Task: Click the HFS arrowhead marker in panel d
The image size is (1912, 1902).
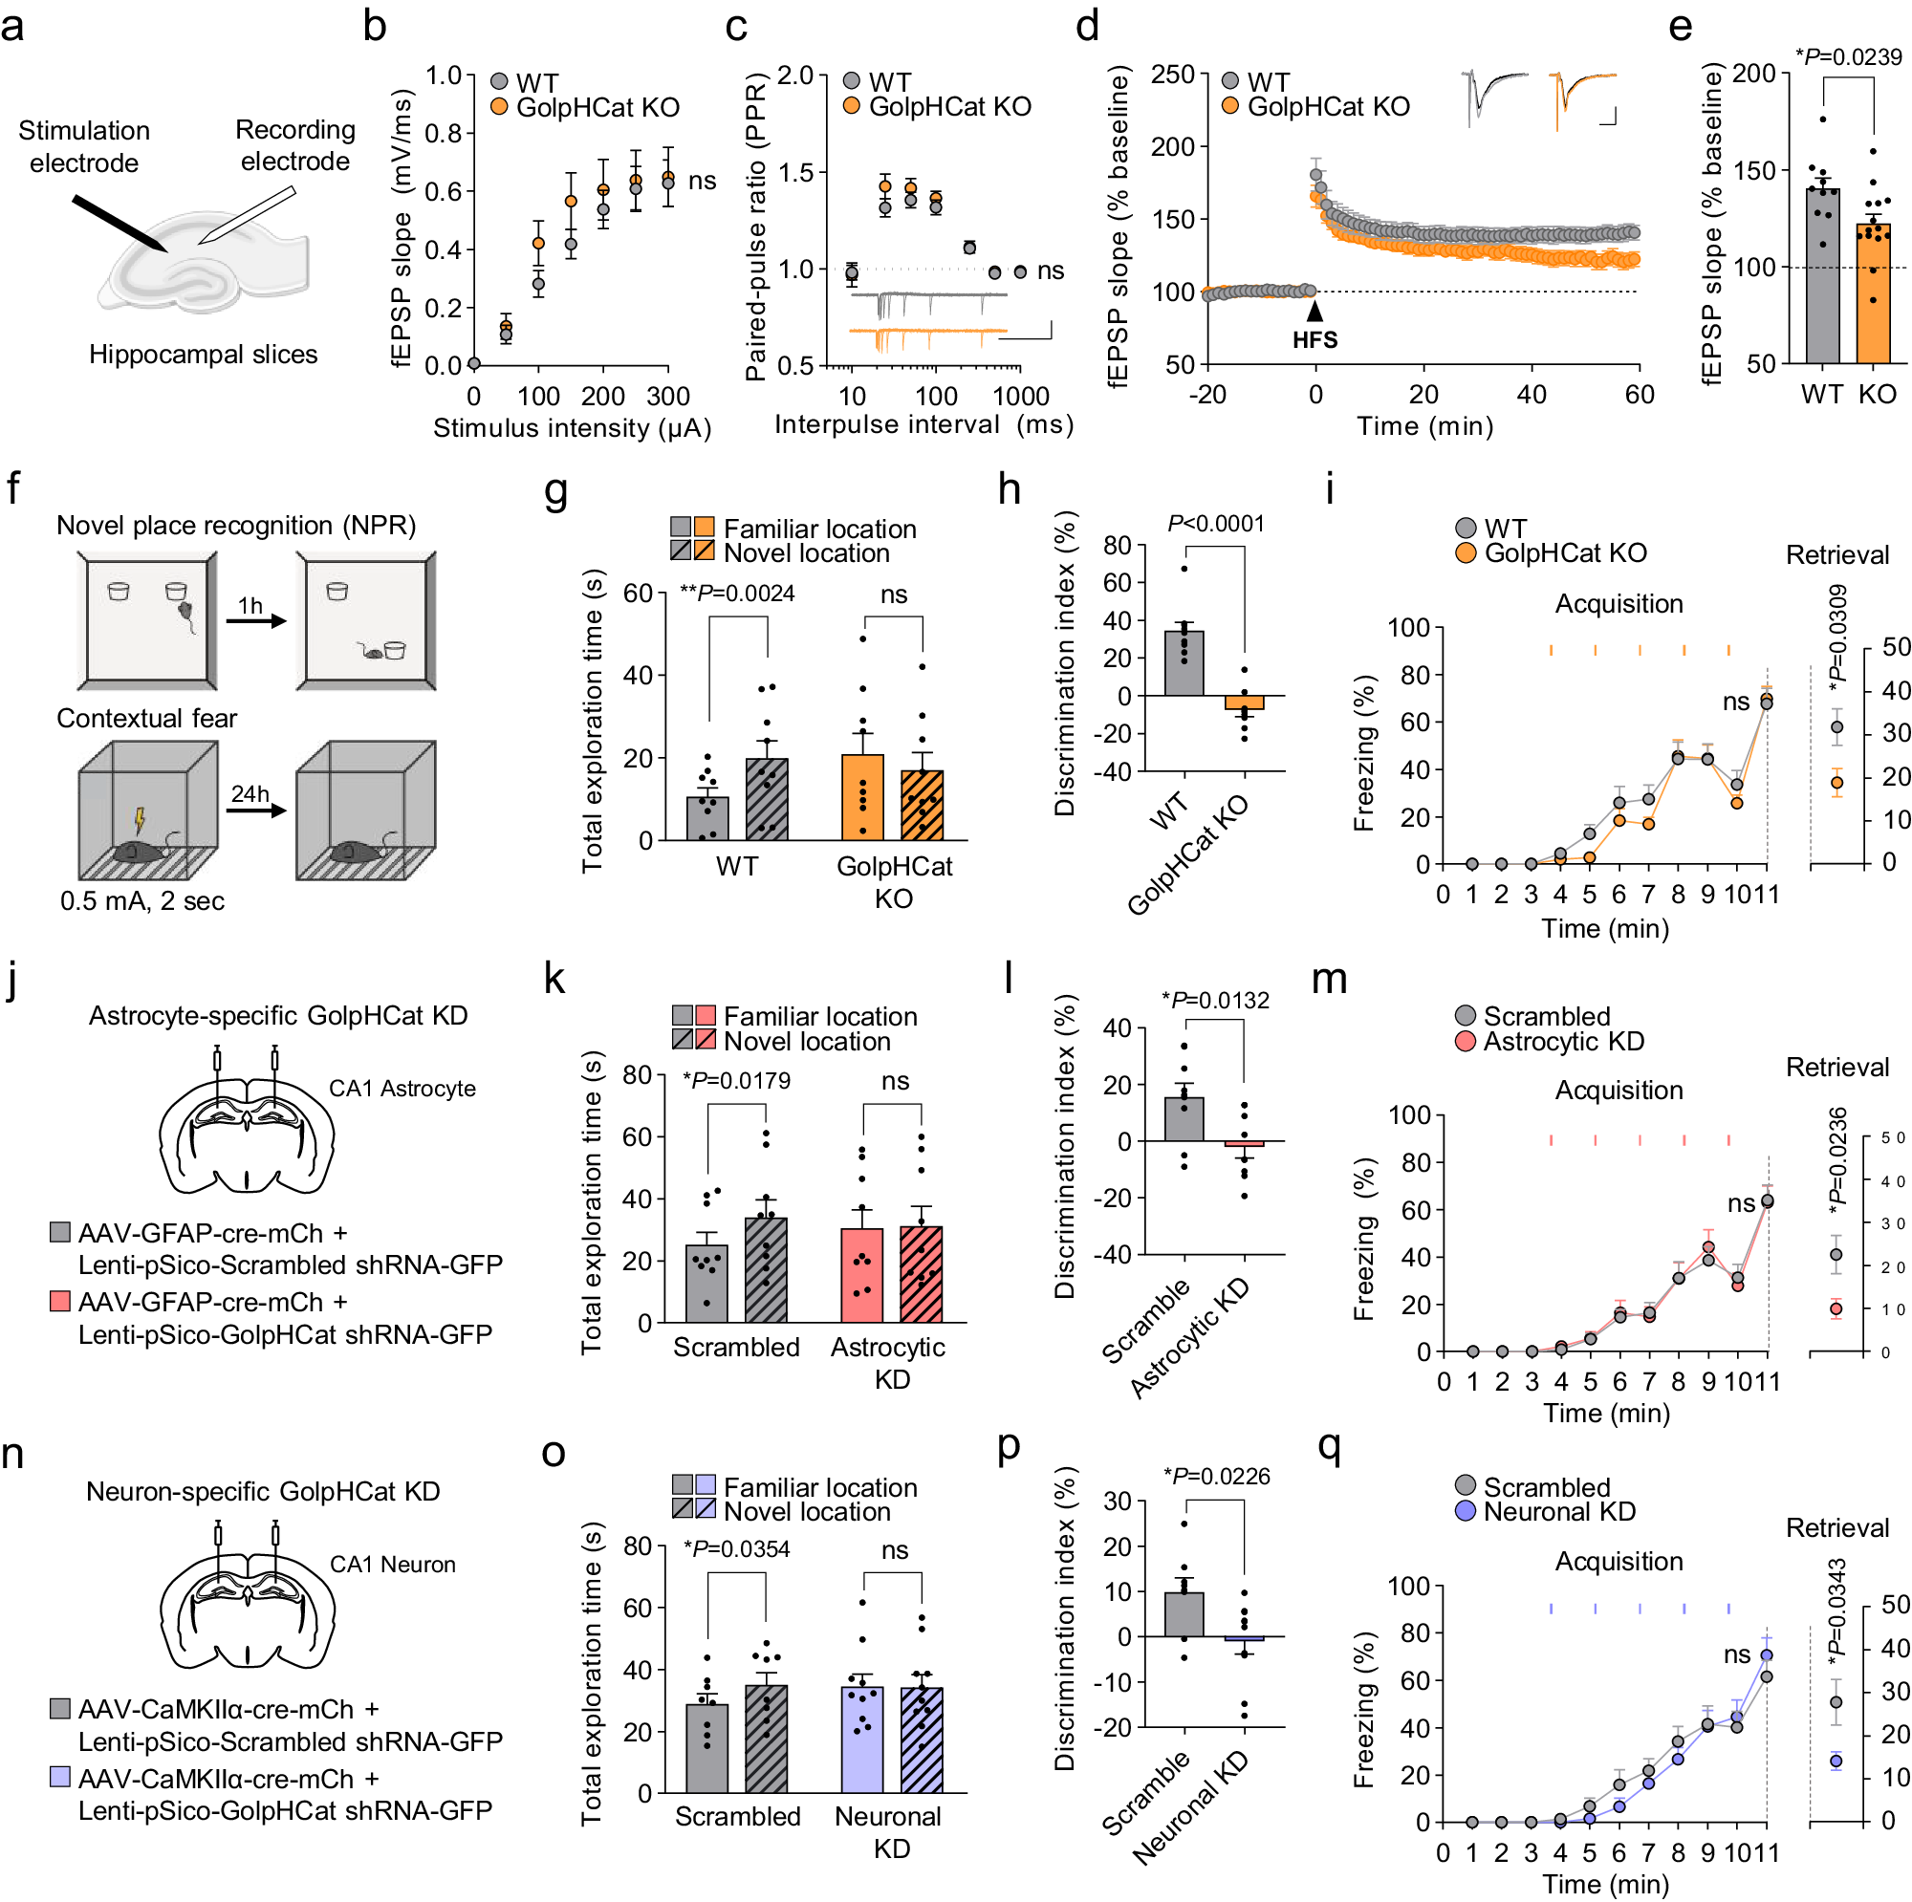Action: (x=1314, y=312)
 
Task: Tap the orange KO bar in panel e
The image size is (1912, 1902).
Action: (x=1873, y=297)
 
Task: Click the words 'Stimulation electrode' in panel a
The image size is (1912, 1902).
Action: (x=84, y=146)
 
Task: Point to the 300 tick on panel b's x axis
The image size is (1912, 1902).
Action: (x=668, y=397)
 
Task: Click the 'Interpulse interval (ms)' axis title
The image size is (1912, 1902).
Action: (x=923, y=424)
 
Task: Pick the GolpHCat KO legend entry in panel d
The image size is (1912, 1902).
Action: (x=1316, y=107)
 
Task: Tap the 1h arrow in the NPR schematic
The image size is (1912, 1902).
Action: (x=255, y=620)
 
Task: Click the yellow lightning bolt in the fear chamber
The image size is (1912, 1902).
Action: (x=140, y=820)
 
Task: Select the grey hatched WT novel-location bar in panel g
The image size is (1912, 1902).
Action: (x=767, y=799)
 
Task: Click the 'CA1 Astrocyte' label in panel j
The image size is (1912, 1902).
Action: (x=402, y=1089)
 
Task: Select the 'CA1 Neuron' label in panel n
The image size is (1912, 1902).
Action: (x=392, y=1565)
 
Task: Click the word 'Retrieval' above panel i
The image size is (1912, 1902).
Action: (x=1836, y=555)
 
